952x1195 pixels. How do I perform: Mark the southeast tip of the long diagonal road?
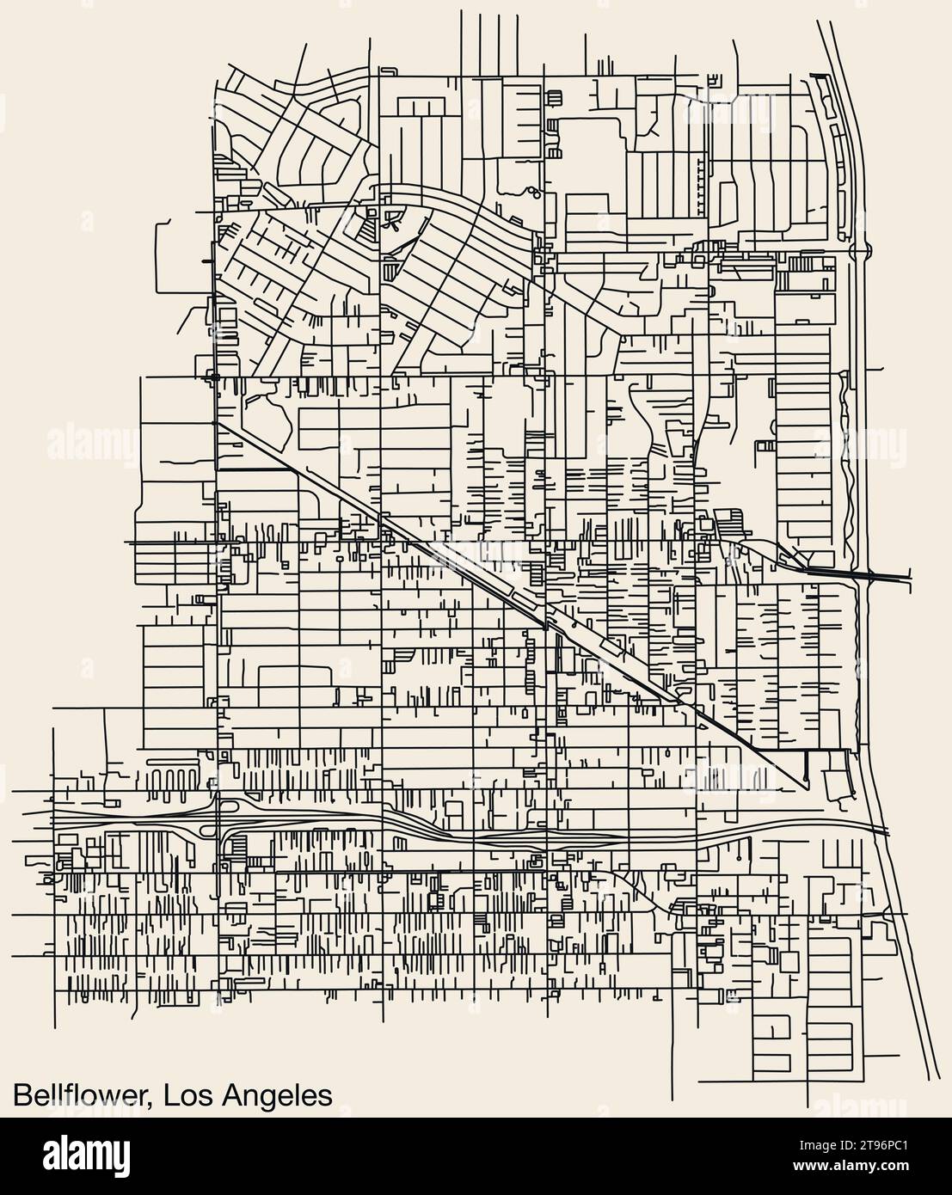pyautogui.click(x=806, y=787)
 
